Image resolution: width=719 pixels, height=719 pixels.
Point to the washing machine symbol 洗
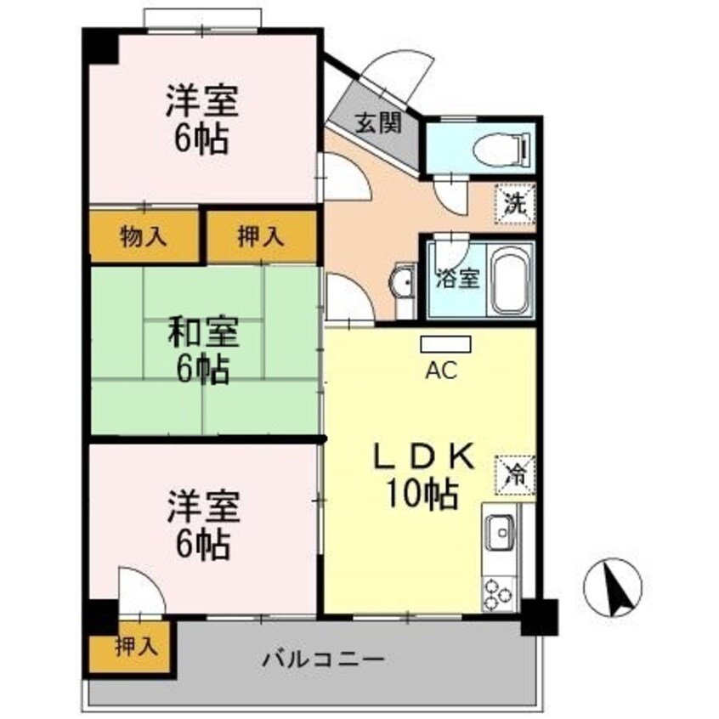coord(516,202)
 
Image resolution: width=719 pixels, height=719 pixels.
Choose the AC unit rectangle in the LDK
coord(445,344)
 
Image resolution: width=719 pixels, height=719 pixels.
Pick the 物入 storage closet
coord(144,237)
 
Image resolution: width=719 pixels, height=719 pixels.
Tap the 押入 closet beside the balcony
coord(136,647)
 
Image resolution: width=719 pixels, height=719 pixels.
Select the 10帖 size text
coord(423,494)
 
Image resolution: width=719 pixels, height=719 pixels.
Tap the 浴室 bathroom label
coord(457,278)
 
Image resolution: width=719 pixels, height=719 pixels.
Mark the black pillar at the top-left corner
coord(100,46)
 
